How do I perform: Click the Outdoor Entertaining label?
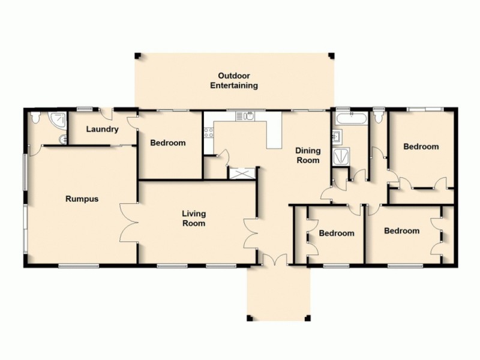pyautogui.click(x=233, y=80)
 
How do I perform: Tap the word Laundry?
pyautogui.click(x=102, y=129)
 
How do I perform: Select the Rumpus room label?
pyautogui.click(x=82, y=199)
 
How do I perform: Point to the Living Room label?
pyautogui.click(x=194, y=218)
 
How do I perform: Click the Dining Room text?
pyautogui.click(x=307, y=155)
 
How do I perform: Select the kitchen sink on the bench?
pyautogui.click(x=246, y=116)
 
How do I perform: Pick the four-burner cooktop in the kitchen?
pyautogui.click(x=209, y=133)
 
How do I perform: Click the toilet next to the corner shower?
pyautogui.click(x=37, y=119)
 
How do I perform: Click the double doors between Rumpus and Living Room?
pyautogui.click(x=128, y=223)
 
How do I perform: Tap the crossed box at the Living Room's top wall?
pyautogui.click(x=242, y=173)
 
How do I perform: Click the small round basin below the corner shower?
pyautogui.click(x=62, y=139)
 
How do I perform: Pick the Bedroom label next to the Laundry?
pyautogui.click(x=167, y=143)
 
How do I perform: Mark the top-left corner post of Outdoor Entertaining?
pyautogui.click(x=137, y=56)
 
